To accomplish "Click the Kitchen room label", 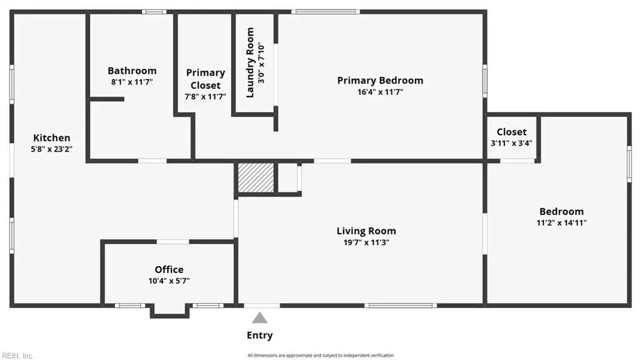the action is [x=51, y=138].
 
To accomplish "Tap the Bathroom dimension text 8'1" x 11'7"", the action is [x=131, y=82].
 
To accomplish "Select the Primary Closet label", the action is [x=205, y=79].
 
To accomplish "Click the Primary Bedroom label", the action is [x=380, y=81].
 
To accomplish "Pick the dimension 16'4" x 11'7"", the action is [x=380, y=92].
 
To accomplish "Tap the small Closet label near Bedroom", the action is [x=511, y=131].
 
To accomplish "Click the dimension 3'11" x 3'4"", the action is [x=511, y=143].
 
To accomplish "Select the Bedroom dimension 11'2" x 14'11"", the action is [x=562, y=223].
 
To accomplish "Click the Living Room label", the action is [x=366, y=231].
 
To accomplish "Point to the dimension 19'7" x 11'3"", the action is [x=366, y=242].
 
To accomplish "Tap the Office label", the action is [x=169, y=270].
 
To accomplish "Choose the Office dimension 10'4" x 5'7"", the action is [x=169, y=281].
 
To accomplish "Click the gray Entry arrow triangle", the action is [x=260, y=318].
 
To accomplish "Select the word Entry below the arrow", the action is [x=260, y=336].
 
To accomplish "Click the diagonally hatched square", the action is [x=256, y=178].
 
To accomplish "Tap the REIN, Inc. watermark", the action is [x=17, y=356].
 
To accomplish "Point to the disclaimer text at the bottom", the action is [x=320, y=356].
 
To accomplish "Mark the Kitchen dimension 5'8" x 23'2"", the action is [x=51, y=149].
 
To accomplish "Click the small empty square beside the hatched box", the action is [x=288, y=178].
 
